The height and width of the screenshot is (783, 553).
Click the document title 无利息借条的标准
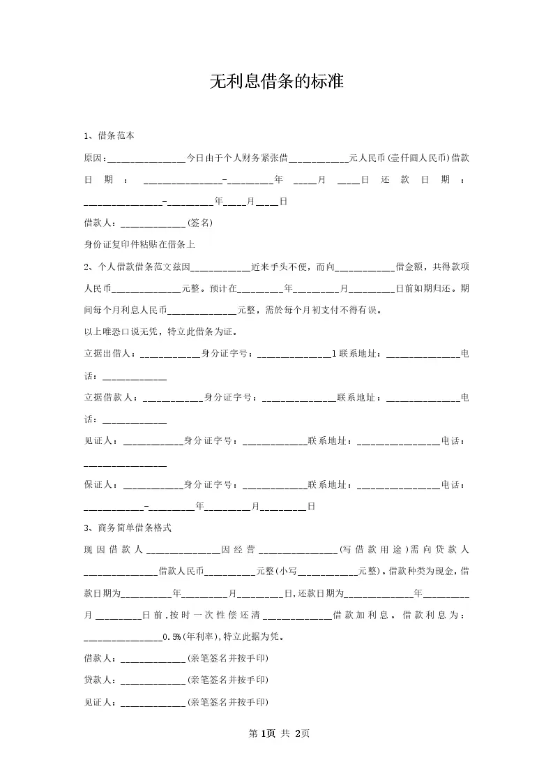pos(277,82)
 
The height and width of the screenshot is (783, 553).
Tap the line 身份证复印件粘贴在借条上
pos(139,245)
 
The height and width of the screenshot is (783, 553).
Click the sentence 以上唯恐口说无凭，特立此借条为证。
pos(161,331)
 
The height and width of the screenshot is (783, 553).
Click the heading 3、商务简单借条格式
pos(128,528)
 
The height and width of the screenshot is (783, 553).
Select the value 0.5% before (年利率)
pos(172,637)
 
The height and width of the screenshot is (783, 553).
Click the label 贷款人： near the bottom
pos(102,680)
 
